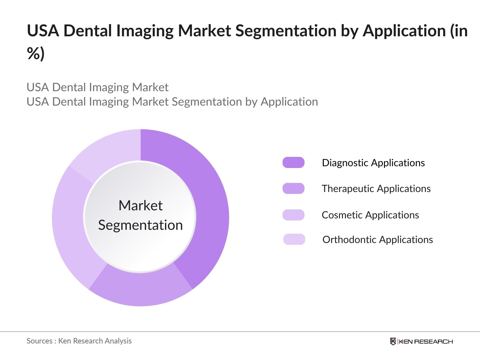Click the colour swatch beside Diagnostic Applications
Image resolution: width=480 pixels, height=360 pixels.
tap(293, 163)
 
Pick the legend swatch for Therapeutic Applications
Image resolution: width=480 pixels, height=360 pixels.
tap(293, 188)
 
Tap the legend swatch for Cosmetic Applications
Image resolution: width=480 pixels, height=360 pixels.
tap(293, 215)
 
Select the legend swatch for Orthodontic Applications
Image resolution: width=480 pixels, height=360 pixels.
tap(294, 239)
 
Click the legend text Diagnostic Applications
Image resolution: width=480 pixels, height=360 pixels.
tap(373, 163)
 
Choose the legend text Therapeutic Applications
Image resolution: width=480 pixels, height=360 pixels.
tap(376, 188)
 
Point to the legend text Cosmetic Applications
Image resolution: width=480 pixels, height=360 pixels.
tap(370, 215)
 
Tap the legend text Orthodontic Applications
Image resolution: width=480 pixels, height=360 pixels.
tap(377, 239)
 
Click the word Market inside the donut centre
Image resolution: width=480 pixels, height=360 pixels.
tap(140, 206)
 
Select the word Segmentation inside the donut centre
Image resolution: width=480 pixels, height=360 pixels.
tap(140, 225)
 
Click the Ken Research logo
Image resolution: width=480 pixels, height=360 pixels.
tap(421, 341)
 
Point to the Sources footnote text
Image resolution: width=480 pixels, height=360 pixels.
tap(79, 341)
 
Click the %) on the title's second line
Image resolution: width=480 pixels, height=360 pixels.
tap(36, 53)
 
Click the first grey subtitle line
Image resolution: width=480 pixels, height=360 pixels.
tap(97, 87)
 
